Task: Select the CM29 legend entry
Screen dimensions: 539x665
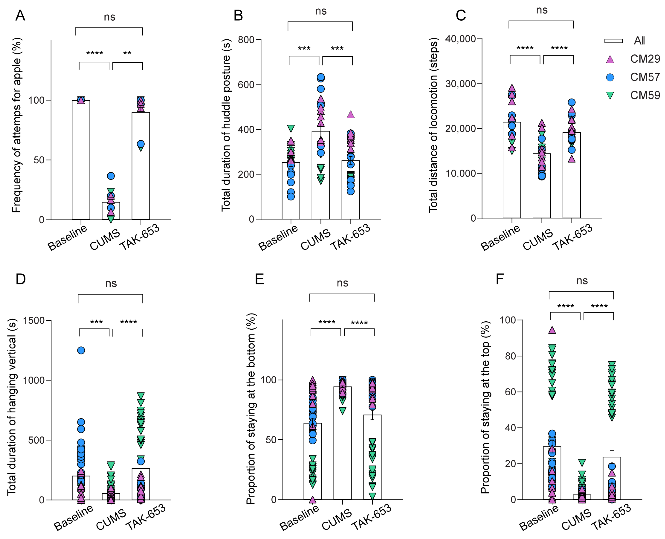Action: pos(644,59)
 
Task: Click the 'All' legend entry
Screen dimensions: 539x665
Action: pos(639,41)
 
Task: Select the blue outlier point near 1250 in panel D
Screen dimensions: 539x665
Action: pos(81,350)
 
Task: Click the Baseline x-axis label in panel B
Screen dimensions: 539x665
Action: pos(278,238)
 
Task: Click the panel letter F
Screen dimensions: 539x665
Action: pos(499,279)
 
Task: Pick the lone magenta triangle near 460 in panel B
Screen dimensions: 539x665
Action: pos(350,115)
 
